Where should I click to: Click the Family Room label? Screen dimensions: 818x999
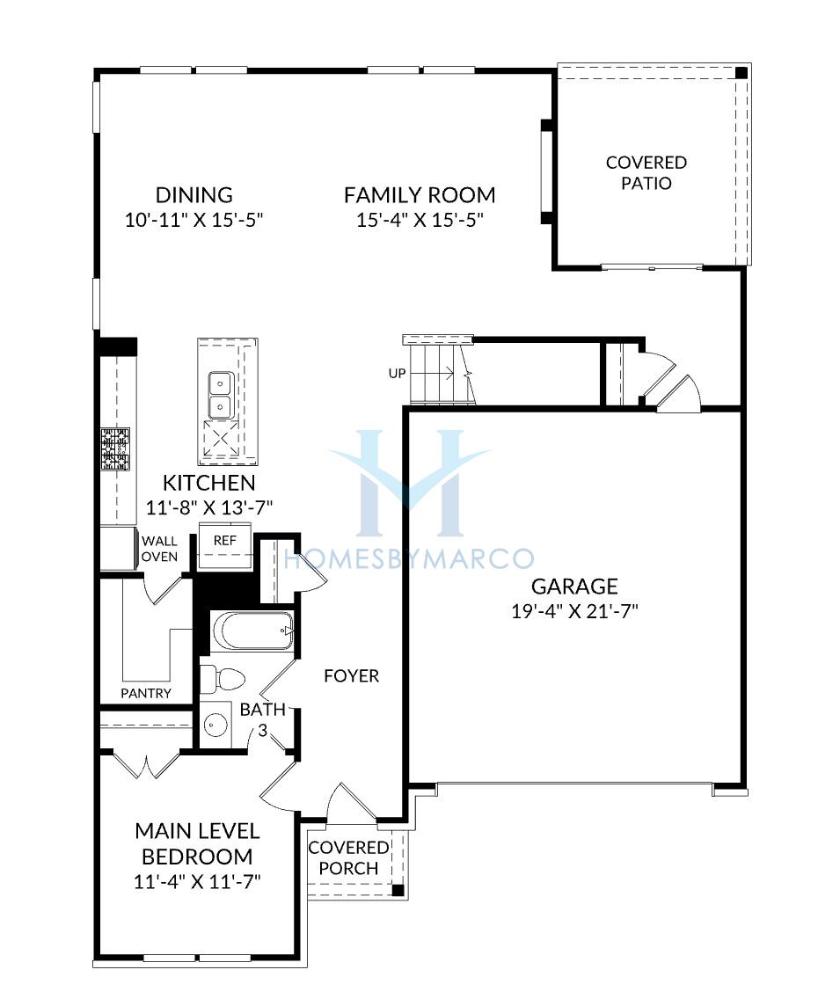point(420,195)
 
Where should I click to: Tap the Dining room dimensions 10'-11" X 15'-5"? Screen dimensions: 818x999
point(194,221)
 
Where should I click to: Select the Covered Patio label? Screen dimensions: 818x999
point(646,172)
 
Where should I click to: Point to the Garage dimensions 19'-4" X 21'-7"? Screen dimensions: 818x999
point(574,612)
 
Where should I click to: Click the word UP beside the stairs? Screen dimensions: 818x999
point(397,374)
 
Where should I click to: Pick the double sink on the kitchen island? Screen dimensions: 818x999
point(221,395)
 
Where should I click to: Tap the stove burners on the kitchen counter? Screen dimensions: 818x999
point(115,449)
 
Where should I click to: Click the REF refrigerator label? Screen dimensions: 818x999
point(225,540)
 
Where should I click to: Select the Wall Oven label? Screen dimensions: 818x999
point(159,549)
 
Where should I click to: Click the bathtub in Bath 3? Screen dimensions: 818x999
point(252,631)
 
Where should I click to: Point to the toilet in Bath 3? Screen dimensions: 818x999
point(223,679)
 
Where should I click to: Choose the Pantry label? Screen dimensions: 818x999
point(146,693)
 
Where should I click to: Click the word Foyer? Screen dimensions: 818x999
point(351,676)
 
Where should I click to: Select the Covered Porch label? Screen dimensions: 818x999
point(348,857)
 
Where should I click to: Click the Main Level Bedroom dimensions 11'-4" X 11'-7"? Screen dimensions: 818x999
point(198,882)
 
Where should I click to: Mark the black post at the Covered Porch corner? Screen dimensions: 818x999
point(398,891)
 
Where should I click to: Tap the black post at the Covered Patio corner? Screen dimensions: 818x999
point(741,73)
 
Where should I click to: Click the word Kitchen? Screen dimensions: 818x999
point(209,483)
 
